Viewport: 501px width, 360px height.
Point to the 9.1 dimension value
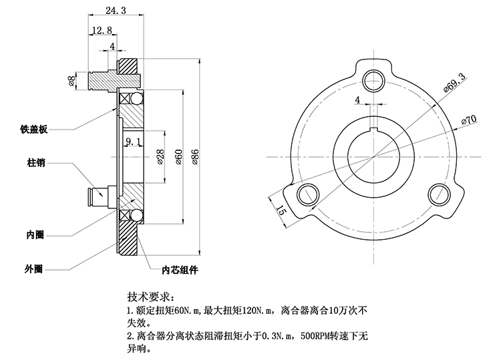132,141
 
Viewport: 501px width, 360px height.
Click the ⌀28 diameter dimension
160,156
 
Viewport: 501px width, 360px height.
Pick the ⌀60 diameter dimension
178,156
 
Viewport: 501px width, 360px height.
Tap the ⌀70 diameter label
468,120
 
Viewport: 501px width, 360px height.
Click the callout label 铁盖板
33,130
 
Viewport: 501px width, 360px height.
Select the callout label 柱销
36,162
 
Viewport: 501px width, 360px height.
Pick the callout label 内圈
35,235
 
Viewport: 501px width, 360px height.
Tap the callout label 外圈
33,268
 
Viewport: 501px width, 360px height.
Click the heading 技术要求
151,296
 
